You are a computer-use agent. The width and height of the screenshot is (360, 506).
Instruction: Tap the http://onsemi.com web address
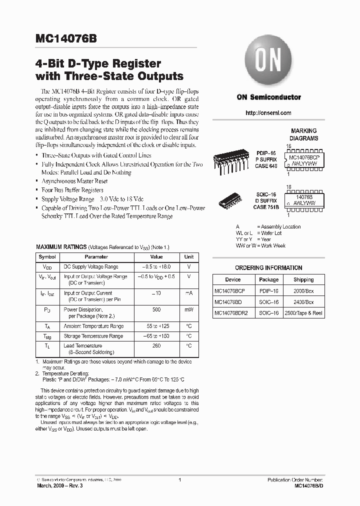click(268, 113)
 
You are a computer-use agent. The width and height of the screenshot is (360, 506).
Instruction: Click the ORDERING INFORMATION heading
click(268, 268)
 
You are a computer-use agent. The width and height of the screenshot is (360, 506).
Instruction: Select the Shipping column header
click(303, 280)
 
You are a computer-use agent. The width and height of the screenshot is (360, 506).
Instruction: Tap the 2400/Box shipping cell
click(303, 302)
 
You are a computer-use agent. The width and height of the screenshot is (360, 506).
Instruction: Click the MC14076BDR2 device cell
click(232, 313)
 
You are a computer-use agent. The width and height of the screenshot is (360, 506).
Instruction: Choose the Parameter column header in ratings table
click(96, 257)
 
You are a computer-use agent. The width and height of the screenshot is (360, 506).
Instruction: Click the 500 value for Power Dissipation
click(156, 310)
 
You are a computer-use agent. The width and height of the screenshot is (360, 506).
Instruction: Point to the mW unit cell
click(189, 310)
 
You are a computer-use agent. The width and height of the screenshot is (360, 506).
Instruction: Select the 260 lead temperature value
click(156, 346)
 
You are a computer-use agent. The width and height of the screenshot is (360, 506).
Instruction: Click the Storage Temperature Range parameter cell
click(93, 336)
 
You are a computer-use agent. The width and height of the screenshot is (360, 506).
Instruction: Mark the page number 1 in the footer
click(179, 480)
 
